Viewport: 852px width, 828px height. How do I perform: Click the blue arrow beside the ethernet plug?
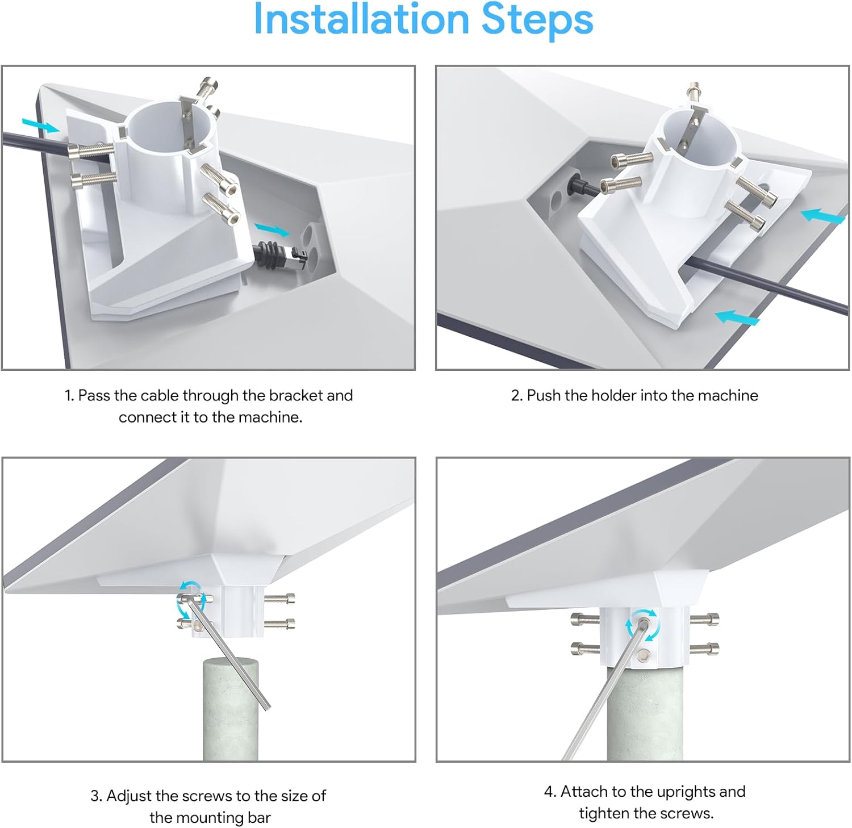(x=272, y=229)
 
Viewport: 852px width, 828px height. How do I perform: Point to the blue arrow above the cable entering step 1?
(x=40, y=126)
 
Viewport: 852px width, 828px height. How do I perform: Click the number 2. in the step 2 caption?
(x=516, y=395)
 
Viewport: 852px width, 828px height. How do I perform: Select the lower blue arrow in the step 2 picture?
(x=737, y=317)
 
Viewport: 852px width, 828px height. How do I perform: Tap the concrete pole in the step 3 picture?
(x=231, y=710)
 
